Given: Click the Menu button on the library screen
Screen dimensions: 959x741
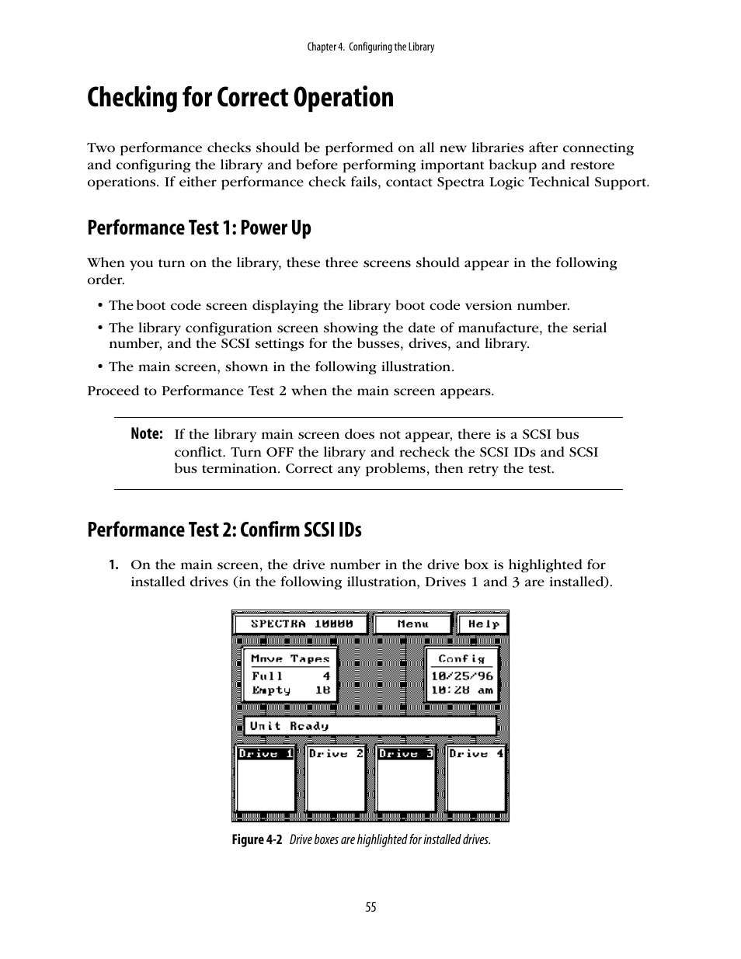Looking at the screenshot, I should click(412, 624).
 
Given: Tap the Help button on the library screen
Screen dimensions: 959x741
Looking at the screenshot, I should click(482, 624).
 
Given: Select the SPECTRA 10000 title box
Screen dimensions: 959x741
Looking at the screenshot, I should click(301, 624).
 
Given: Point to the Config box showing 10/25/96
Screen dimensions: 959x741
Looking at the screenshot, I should click(461, 674).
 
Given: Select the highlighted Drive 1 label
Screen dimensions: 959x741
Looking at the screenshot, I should click(265, 753).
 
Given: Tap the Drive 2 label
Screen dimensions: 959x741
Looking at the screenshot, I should click(336, 753).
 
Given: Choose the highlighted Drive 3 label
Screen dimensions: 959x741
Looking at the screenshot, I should click(405, 753).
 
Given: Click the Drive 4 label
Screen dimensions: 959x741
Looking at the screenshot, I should click(476, 753).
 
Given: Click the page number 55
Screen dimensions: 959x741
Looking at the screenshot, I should click(370, 907).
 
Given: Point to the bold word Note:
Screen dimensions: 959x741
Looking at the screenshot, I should click(147, 434).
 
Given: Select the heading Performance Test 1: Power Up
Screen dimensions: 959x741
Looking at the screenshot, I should click(199, 228).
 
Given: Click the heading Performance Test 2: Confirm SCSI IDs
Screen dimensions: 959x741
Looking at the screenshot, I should click(224, 530).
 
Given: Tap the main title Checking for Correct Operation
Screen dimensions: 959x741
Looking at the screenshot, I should click(240, 98).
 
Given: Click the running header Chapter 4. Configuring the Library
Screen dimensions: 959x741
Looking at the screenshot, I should click(370, 47).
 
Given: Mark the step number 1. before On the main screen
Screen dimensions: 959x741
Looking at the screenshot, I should click(113, 565).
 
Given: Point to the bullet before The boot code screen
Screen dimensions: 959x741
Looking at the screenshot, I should click(100, 306).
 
